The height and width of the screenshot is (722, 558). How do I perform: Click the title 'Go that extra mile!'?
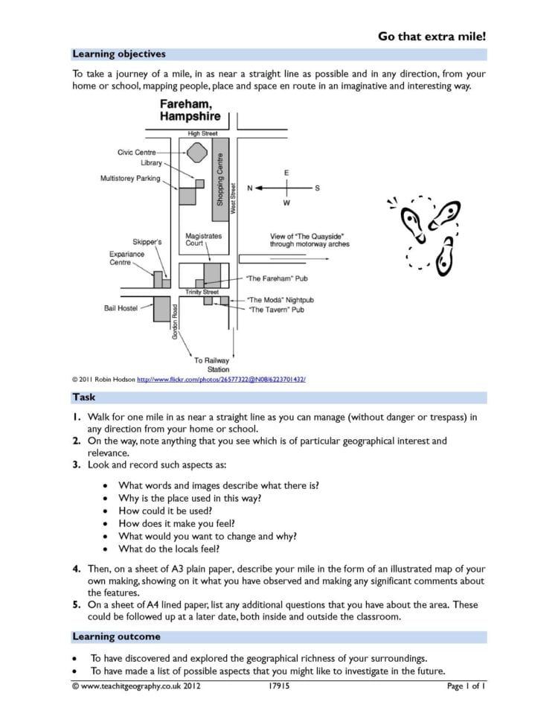tap(432, 36)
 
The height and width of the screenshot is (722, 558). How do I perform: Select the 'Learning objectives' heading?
tap(118, 54)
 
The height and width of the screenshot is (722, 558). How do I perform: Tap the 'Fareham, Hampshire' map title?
tap(190, 112)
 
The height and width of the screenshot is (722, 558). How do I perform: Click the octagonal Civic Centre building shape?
tap(196, 153)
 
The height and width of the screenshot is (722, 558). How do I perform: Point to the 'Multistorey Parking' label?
tap(130, 179)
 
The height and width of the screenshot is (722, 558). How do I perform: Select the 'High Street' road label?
tap(198, 133)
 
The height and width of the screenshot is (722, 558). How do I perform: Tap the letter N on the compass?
tap(251, 188)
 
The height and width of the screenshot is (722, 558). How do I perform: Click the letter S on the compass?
tap(317, 188)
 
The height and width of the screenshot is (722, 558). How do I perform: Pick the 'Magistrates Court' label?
tap(203, 240)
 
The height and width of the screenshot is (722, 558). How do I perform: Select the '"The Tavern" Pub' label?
tap(276, 310)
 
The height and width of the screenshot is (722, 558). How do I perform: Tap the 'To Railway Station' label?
tap(213, 365)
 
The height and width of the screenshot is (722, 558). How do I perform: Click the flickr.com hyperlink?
tap(221, 380)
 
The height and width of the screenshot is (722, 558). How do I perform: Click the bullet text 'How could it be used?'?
tap(165, 511)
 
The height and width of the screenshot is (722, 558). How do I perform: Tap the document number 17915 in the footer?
tap(278, 686)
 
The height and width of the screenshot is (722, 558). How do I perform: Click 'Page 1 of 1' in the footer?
tap(466, 686)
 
